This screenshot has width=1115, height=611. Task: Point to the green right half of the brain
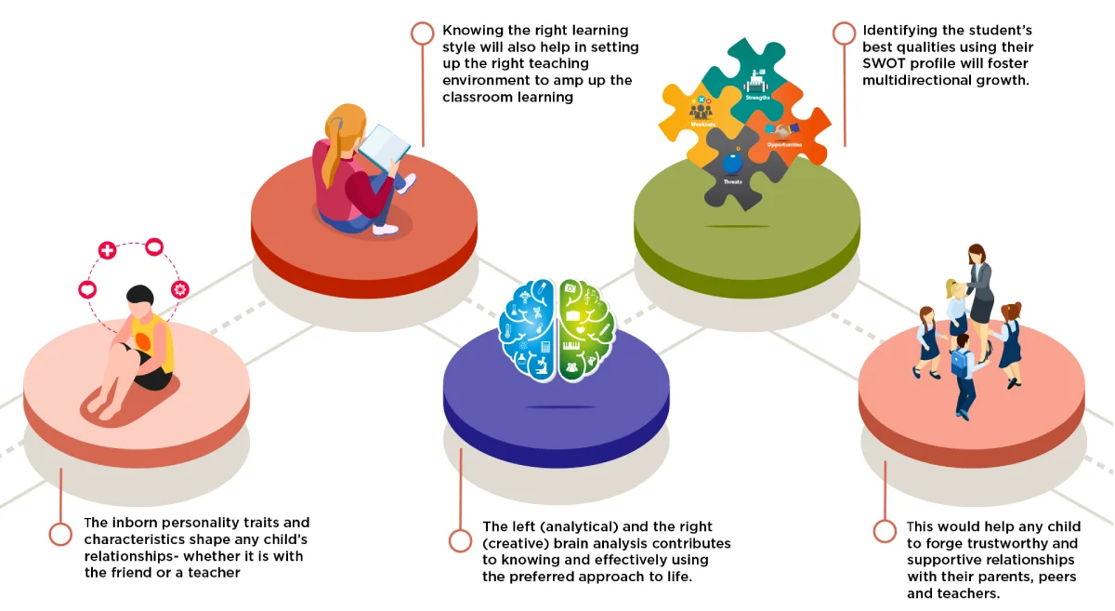tap(586, 330)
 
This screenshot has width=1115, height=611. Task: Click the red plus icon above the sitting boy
tap(108, 250)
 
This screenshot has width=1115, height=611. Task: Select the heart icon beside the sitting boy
tap(87, 290)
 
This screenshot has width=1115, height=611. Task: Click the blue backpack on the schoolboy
tap(960, 362)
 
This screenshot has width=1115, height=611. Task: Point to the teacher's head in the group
tap(977, 253)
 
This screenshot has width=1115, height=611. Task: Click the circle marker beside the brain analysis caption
tap(460, 540)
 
